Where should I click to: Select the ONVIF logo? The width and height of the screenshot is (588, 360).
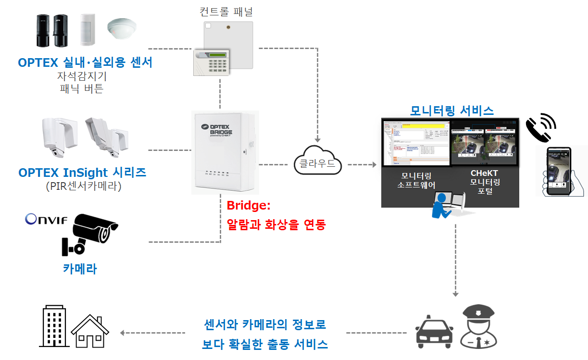coord(46,220)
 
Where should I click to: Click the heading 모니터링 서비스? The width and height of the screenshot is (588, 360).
coord(451,111)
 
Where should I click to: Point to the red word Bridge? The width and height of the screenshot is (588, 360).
coord(249,206)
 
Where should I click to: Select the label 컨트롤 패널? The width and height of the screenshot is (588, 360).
coord(226,11)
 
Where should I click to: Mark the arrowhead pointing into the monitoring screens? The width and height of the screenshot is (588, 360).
coord(374,165)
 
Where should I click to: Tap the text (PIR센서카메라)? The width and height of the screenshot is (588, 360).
coord(82,186)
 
